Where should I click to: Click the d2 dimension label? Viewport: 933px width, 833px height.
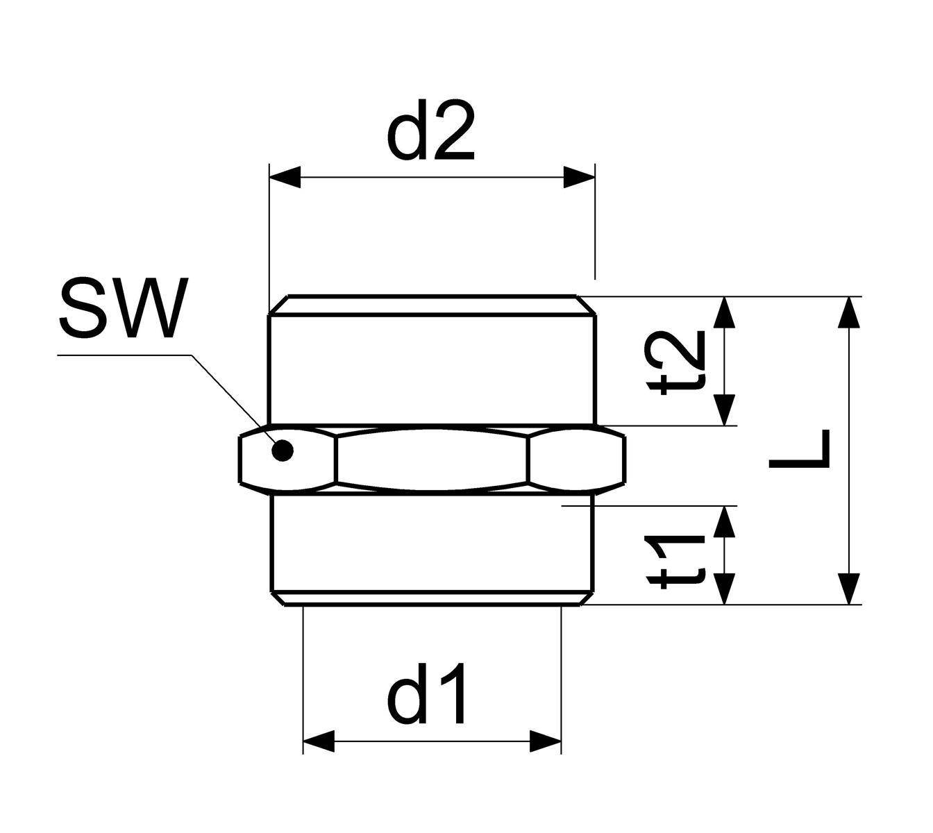(430, 131)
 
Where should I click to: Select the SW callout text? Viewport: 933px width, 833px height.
(124, 308)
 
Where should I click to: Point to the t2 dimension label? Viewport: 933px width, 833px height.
(676, 363)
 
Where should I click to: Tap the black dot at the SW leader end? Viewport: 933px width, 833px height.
(283, 451)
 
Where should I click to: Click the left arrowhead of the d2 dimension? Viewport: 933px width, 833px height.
(285, 177)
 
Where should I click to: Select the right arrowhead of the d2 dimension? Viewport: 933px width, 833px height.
(579, 177)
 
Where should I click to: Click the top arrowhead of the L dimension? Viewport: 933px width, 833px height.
(849, 312)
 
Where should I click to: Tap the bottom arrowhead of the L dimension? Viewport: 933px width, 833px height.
(849, 589)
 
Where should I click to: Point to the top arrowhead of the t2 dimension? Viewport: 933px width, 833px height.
(724, 312)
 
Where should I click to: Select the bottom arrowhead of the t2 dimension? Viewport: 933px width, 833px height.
(724, 410)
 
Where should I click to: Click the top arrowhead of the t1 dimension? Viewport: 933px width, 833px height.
(724, 522)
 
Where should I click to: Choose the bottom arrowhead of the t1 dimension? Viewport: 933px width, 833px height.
(724, 589)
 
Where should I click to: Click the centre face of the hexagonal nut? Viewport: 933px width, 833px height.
(432, 460)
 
